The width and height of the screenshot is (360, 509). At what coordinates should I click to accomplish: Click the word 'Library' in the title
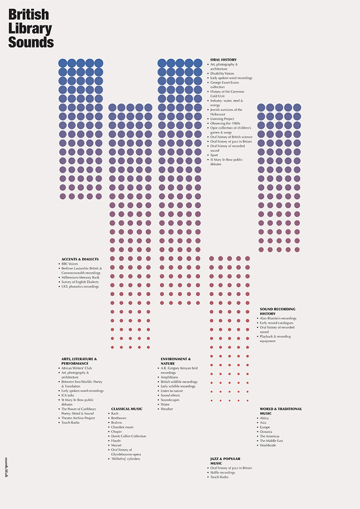coord(30,28)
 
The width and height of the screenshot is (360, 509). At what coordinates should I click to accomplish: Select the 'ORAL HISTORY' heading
coord(223,60)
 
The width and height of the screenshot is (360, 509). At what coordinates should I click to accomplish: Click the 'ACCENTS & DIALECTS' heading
coord(80,259)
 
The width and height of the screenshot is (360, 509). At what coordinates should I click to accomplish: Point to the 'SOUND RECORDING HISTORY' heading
coord(277,311)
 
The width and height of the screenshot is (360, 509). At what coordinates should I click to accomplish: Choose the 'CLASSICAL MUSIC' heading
coord(127,408)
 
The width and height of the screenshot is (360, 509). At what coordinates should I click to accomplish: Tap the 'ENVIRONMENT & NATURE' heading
coord(175,361)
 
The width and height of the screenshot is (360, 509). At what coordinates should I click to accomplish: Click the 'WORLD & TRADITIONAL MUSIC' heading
coord(280,411)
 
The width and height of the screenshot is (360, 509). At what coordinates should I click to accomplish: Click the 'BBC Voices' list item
coord(70,264)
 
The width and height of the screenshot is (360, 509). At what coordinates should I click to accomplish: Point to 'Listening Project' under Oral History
coord(222,119)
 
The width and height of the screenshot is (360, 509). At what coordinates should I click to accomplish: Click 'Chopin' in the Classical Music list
coord(117,432)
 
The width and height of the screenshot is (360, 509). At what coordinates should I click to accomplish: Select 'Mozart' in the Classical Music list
coord(117,445)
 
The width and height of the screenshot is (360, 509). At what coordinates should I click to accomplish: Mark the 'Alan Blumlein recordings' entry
coord(278,318)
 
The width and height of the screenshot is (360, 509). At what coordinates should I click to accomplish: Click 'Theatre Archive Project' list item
coord(78,418)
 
